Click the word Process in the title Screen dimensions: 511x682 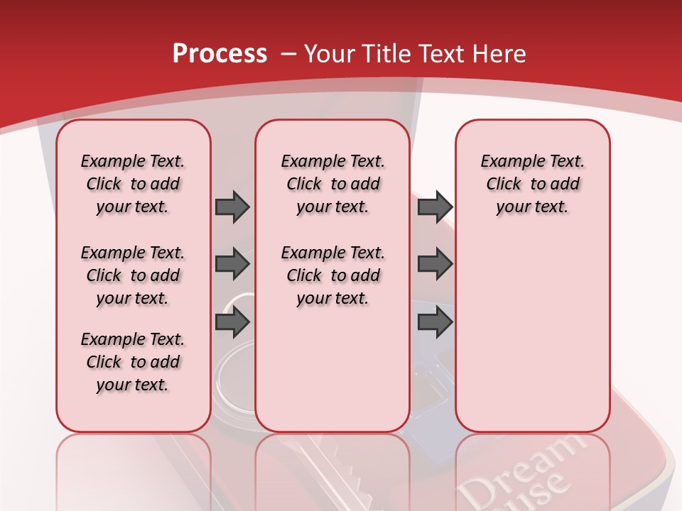tap(220, 53)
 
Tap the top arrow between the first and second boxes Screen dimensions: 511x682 tap(232, 207)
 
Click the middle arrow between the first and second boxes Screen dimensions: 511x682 tap(232, 264)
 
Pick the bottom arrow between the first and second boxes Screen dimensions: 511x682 tap(232, 322)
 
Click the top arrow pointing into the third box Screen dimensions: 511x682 tap(435, 207)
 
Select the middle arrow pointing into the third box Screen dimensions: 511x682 tap(435, 264)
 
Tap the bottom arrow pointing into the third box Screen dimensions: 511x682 tap(435, 322)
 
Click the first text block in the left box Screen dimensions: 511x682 tap(133, 184)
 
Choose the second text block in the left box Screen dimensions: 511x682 tap(133, 275)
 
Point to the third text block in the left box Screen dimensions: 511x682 tap(133, 362)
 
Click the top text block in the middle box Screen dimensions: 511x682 tap(332, 184)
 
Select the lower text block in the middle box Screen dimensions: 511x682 tap(332, 275)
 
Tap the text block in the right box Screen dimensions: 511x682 tap(532, 184)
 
